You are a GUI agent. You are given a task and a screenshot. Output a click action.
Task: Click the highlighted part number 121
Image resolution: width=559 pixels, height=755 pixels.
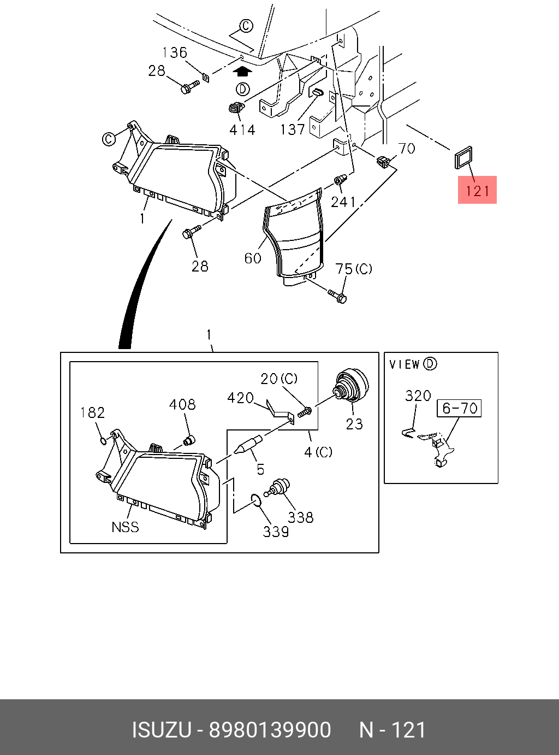477,190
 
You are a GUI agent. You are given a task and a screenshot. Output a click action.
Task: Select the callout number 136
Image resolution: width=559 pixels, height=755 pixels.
175,52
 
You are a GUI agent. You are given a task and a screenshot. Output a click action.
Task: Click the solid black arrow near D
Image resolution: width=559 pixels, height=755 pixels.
242,70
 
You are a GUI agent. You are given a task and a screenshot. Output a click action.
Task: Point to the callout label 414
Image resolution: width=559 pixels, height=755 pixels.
242,130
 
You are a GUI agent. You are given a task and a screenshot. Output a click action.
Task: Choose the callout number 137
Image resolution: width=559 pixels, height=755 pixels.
292,129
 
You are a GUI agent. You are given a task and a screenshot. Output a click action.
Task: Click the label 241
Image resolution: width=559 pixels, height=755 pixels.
343,202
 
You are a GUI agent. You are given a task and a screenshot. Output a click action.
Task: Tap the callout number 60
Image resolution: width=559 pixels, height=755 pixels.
253,258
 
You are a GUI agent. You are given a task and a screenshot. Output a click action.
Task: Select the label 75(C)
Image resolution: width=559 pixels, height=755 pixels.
354,269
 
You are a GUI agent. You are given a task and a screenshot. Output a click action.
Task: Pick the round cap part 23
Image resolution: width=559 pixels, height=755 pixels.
352,386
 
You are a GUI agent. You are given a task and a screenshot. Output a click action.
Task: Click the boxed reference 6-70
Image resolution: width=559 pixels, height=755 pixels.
459,408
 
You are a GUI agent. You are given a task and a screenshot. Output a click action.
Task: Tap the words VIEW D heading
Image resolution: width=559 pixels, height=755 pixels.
413,364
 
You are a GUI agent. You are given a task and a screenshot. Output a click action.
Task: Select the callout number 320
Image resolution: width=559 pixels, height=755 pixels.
418,396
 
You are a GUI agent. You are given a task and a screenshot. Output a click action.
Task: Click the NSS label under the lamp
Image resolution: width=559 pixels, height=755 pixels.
125,527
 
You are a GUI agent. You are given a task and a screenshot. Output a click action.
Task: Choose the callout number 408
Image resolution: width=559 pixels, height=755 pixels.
182,404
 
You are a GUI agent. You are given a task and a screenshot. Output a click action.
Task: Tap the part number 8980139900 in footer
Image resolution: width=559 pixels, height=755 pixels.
270,730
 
